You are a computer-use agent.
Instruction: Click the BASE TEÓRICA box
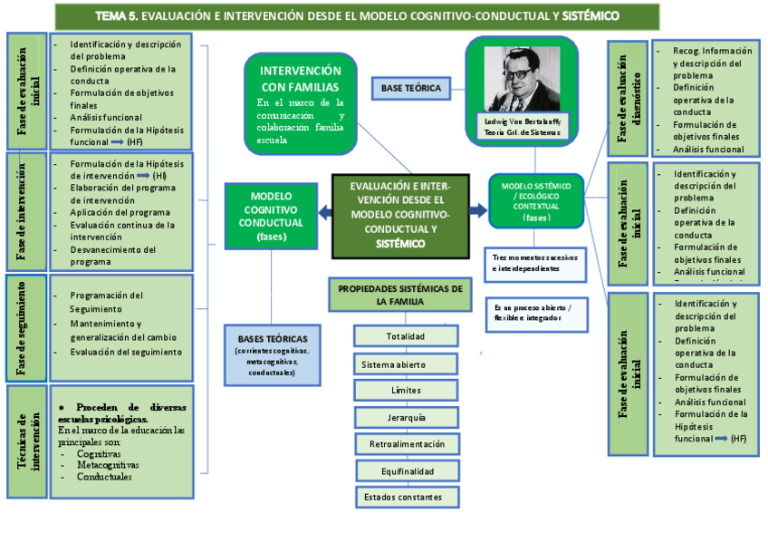411,88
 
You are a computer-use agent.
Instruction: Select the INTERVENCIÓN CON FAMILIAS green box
300,102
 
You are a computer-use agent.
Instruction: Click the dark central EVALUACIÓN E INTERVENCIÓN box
399,215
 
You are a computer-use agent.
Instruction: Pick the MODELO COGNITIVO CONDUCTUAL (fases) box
271,216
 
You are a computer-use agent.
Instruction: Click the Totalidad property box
405,336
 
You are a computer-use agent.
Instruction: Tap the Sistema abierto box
405,364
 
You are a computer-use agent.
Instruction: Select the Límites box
405,391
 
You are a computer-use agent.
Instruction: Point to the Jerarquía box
405,418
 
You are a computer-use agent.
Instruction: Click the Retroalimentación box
407,444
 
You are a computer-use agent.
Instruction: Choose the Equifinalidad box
407,471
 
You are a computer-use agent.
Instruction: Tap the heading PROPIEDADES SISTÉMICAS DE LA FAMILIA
399,295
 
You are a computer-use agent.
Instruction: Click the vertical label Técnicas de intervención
26,441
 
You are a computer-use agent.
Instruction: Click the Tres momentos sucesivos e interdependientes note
535,262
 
